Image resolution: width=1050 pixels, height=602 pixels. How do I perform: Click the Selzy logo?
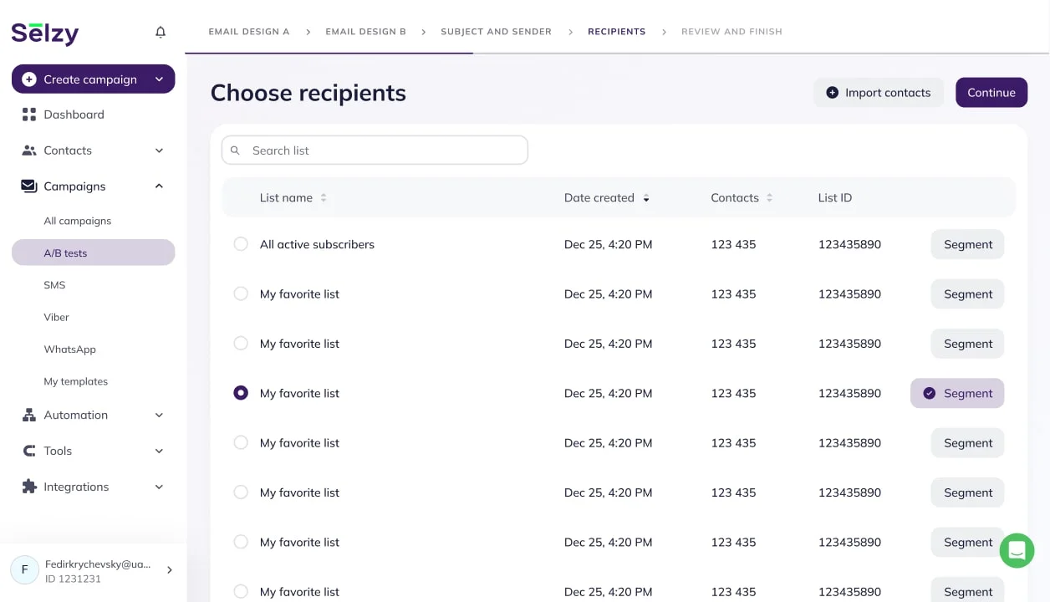(45, 33)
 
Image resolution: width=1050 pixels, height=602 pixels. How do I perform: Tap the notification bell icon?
(161, 32)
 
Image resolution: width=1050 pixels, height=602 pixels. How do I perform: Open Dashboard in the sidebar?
(74, 115)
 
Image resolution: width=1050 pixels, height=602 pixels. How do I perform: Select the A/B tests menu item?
(65, 253)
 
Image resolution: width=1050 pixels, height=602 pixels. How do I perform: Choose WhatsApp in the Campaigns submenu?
(69, 349)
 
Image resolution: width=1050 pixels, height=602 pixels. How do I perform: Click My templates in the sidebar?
(75, 381)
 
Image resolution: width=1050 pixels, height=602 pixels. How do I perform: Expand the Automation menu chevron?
(159, 416)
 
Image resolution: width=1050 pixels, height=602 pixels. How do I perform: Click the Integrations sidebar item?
(76, 487)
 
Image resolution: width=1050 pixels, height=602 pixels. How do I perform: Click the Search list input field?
(375, 150)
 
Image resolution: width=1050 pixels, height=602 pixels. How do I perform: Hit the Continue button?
(991, 93)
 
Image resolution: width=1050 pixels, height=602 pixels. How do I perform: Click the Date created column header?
(599, 198)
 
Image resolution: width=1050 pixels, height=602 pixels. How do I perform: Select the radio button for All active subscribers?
(241, 244)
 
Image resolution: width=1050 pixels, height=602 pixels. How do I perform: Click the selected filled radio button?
(241, 393)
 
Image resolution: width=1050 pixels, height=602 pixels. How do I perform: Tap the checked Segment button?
(957, 393)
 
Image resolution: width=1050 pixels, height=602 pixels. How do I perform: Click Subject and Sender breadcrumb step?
(496, 32)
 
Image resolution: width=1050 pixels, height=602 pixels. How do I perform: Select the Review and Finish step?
(731, 32)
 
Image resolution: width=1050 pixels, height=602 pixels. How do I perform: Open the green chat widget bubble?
(1017, 550)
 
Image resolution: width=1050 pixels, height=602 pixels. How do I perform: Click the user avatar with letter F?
(25, 569)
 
